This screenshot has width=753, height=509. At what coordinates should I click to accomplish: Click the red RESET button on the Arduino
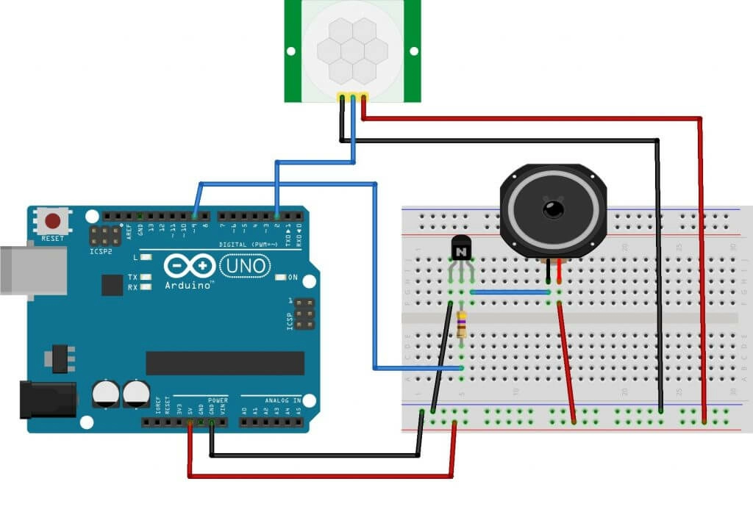53,220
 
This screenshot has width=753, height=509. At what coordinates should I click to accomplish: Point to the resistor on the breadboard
461,323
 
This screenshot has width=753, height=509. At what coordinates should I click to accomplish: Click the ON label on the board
293,278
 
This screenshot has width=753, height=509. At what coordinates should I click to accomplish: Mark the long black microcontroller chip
224,363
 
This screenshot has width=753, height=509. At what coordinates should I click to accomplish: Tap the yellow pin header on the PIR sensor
352,96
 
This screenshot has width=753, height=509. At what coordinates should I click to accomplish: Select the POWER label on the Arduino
218,401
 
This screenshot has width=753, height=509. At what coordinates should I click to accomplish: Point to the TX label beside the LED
132,278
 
